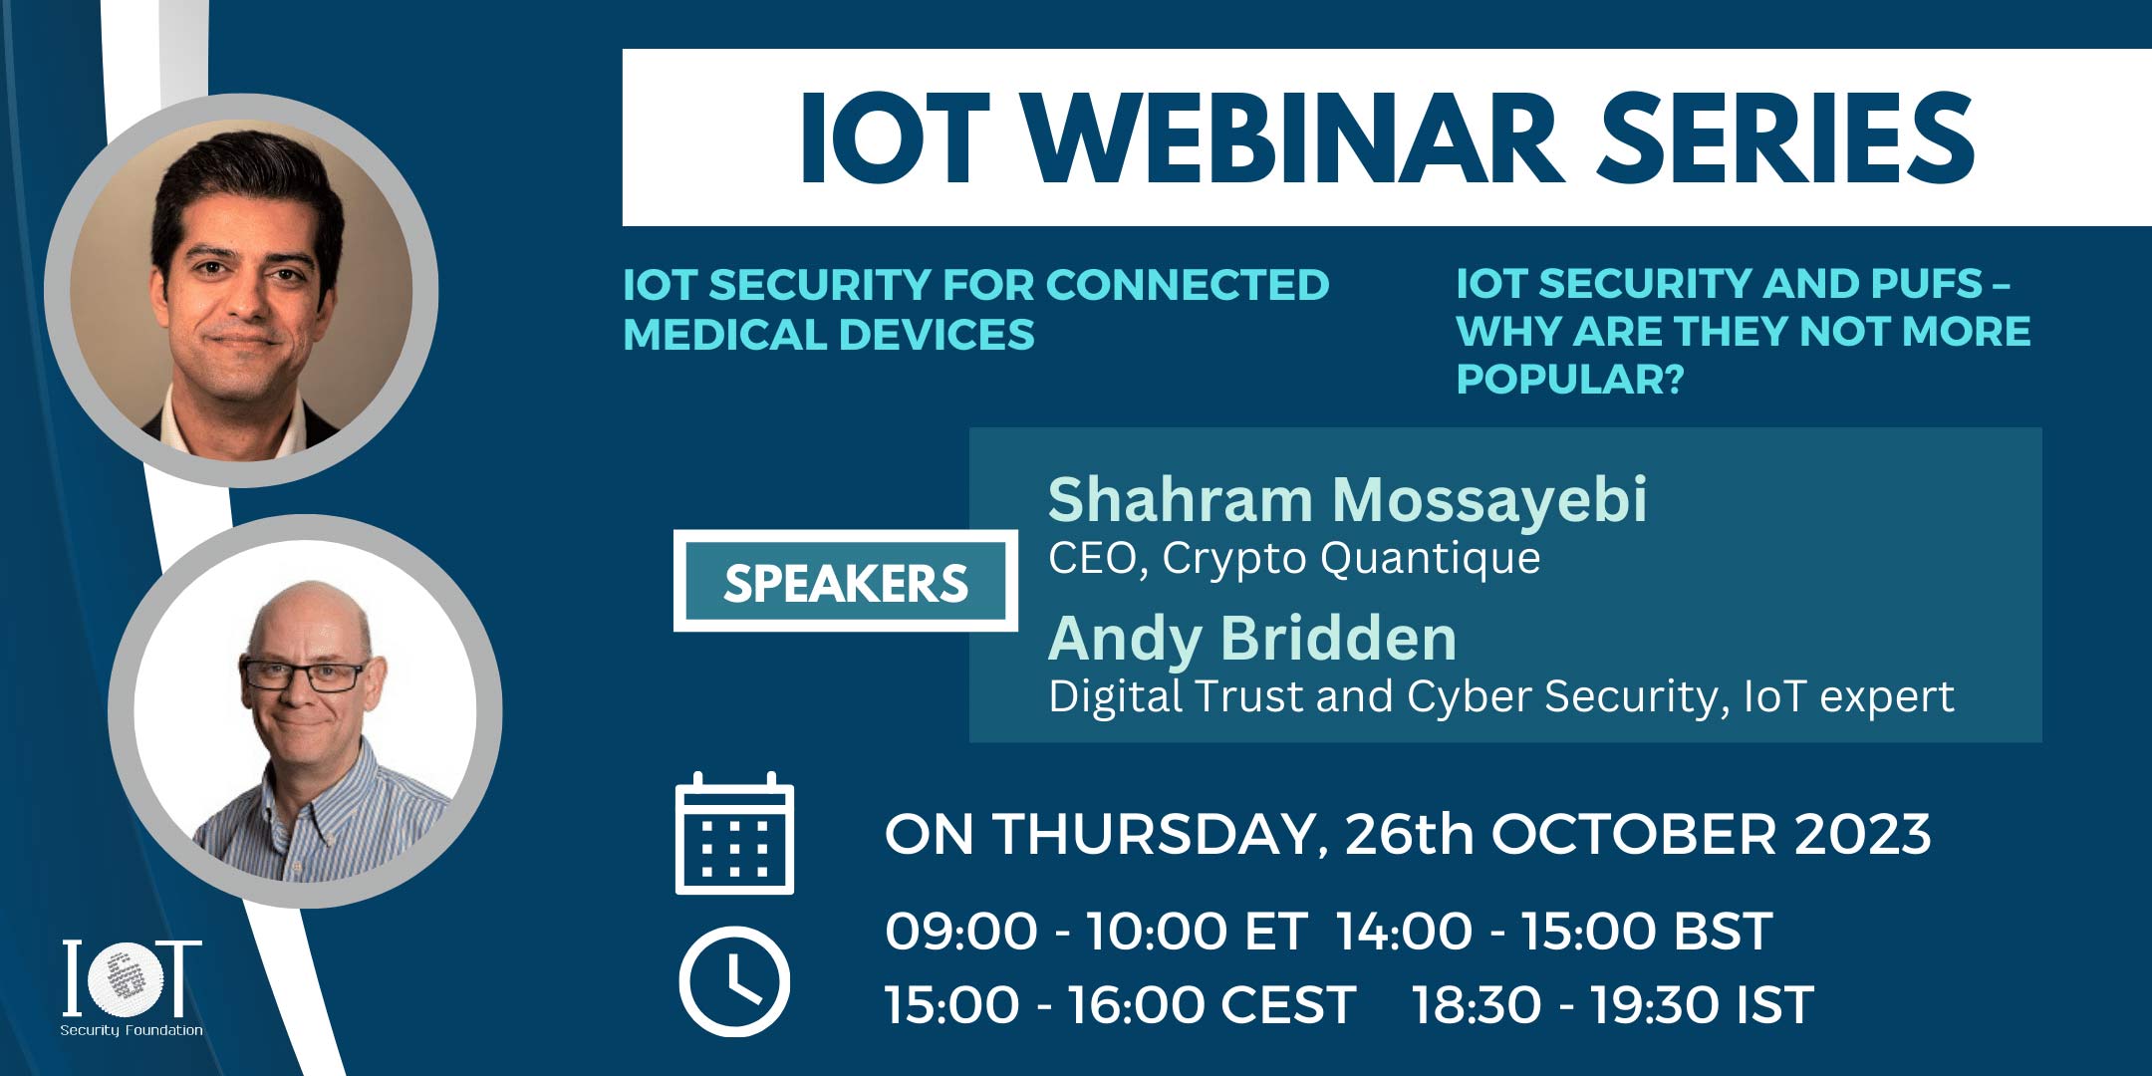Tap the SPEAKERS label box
coord(846,582)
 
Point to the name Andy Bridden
coord(1252,638)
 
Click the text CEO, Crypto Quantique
coord(1294,558)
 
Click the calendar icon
coord(734,833)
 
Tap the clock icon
coord(734,981)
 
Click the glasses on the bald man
coord(304,674)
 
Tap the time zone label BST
coord(1723,932)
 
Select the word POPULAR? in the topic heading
coord(1570,379)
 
